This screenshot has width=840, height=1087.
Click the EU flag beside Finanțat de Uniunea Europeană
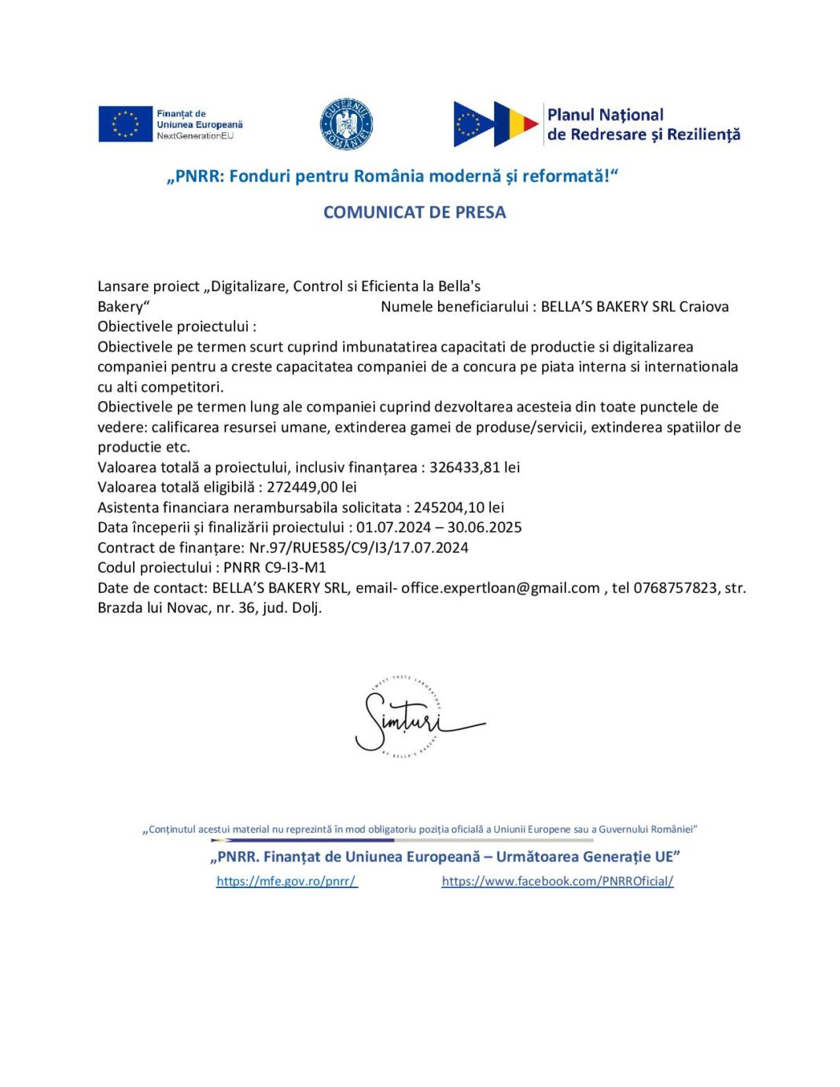coord(125,124)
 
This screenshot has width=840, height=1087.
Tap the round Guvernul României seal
coord(346,124)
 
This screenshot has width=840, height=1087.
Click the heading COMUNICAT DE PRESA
coord(414,212)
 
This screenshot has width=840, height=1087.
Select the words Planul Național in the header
coord(605,115)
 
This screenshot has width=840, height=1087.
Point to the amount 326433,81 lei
coord(474,467)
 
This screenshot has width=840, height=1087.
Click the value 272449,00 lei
coord(311,487)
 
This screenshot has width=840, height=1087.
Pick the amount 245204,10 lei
coord(459,507)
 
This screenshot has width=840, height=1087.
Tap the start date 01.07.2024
coord(393,527)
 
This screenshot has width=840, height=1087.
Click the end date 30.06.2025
coord(484,527)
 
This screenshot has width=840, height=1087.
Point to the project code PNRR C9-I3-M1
coord(274,567)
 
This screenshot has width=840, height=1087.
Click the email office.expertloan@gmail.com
coord(500,588)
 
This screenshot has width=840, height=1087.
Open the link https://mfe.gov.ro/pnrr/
coord(286,881)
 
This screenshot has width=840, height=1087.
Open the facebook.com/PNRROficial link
coord(558,881)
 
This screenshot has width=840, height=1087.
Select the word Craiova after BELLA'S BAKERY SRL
coord(704,307)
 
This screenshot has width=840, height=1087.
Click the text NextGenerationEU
coord(195,136)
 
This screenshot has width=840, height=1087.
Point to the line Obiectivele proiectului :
coord(177,326)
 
